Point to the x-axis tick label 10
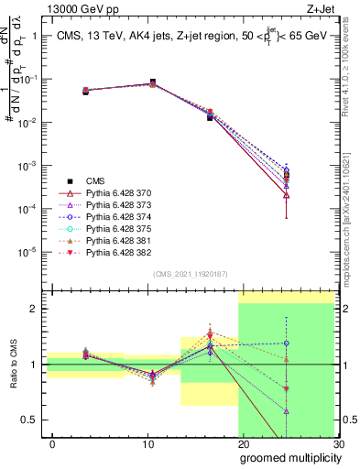[147, 442]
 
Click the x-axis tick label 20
[243, 442]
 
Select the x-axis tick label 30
[338, 442]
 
